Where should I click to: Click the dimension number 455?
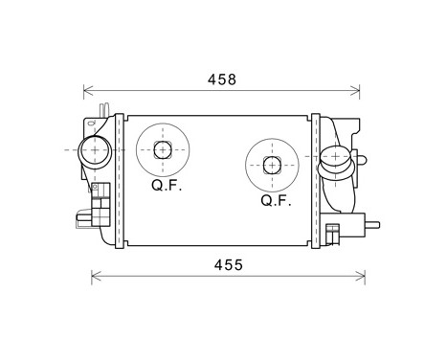point(227,263)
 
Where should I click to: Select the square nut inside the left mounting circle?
point(163,149)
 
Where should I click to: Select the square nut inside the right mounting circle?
point(273,165)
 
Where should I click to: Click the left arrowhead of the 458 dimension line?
point(88,91)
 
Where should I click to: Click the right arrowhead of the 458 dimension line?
point(356,91)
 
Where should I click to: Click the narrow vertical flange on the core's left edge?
point(120,180)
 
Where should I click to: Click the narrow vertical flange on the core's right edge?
point(316,180)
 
